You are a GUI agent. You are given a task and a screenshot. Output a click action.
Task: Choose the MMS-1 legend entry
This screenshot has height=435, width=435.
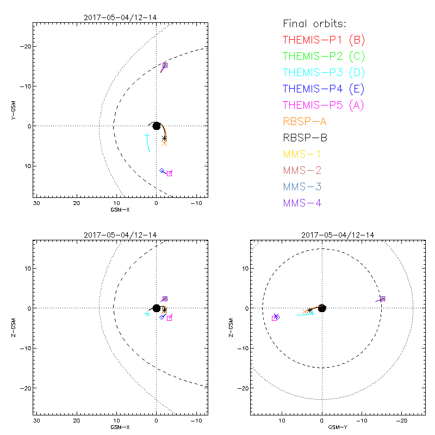(x=304, y=154)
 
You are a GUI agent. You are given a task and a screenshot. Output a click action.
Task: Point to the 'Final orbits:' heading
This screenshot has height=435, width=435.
(x=315, y=23)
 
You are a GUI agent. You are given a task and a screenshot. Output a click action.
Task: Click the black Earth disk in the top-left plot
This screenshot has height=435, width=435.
(x=157, y=126)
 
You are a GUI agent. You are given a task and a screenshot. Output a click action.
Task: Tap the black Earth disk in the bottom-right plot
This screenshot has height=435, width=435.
(x=322, y=308)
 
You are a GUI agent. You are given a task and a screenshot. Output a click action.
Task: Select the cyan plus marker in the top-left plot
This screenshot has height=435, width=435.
(x=147, y=135)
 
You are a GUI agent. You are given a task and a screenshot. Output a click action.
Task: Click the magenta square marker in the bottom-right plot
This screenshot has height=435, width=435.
(x=275, y=318)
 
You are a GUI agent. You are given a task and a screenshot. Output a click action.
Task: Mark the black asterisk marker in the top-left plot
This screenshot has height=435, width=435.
(x=164, y=138)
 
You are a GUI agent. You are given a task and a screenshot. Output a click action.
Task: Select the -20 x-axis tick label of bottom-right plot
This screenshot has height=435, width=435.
(x=401, y=422)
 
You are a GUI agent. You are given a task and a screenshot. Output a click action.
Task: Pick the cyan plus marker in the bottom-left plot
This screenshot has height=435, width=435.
(x=147, y=313)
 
